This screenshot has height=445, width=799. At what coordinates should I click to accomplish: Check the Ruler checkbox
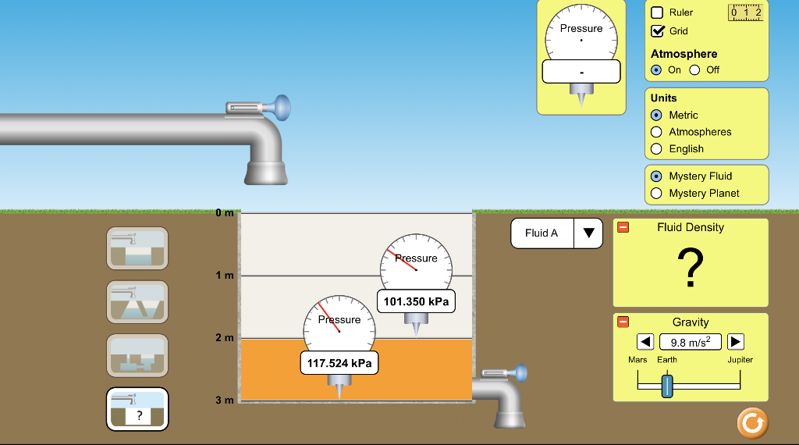657,12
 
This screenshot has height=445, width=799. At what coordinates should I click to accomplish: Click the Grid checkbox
657,31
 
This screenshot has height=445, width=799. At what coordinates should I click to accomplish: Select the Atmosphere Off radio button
694,69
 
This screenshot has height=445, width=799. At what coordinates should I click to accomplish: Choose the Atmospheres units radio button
656,132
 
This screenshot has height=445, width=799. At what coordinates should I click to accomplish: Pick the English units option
656,148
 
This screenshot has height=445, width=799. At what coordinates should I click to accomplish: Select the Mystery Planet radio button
656,193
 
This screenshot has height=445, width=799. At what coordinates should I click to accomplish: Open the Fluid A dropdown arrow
588,233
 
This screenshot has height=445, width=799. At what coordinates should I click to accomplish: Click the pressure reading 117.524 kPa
339,363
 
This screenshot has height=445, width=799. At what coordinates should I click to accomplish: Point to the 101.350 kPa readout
416,301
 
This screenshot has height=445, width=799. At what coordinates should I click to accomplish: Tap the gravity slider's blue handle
666,386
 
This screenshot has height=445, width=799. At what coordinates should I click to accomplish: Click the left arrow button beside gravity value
645,341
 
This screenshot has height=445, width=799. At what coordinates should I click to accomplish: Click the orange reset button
752,422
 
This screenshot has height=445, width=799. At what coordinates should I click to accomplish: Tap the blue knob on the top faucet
281,106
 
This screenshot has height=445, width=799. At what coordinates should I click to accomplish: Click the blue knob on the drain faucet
518,373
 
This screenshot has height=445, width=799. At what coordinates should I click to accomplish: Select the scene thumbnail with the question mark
137,408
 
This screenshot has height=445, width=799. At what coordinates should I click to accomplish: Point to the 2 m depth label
225,338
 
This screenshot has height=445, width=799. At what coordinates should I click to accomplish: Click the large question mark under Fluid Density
691,268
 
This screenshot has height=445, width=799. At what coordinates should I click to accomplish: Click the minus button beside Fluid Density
623,227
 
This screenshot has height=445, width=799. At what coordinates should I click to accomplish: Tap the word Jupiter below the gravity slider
740,360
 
